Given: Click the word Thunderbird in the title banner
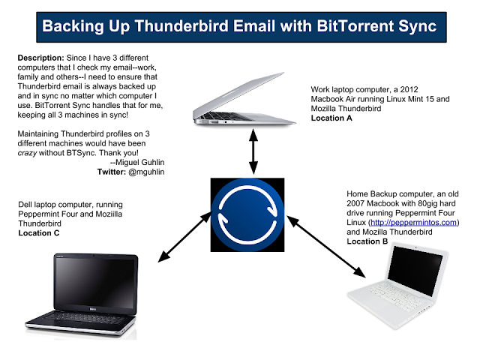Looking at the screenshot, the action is tap(181, 25).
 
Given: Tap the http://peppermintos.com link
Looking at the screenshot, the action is tap(413, 223).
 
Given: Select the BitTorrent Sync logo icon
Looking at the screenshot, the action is tap(247, 215).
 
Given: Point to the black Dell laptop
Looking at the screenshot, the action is tap(82, 295).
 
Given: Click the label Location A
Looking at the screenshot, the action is tap(331, 118).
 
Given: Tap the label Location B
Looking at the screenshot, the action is tap(367, 241).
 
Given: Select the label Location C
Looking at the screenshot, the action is tap(39, 233).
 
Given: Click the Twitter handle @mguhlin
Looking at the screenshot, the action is tap(146, 172).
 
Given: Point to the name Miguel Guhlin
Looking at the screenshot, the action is tap(140, 162).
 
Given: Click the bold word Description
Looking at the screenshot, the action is tap(40, 58).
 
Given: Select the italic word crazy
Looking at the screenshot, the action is tap(27, 153).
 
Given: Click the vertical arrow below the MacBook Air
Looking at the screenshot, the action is tap(253, 151).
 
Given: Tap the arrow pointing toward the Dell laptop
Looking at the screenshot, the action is tap(184, 237).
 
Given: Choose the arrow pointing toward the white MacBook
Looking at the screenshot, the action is tap(325, 247).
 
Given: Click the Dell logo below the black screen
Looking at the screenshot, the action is tap(93, 309).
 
